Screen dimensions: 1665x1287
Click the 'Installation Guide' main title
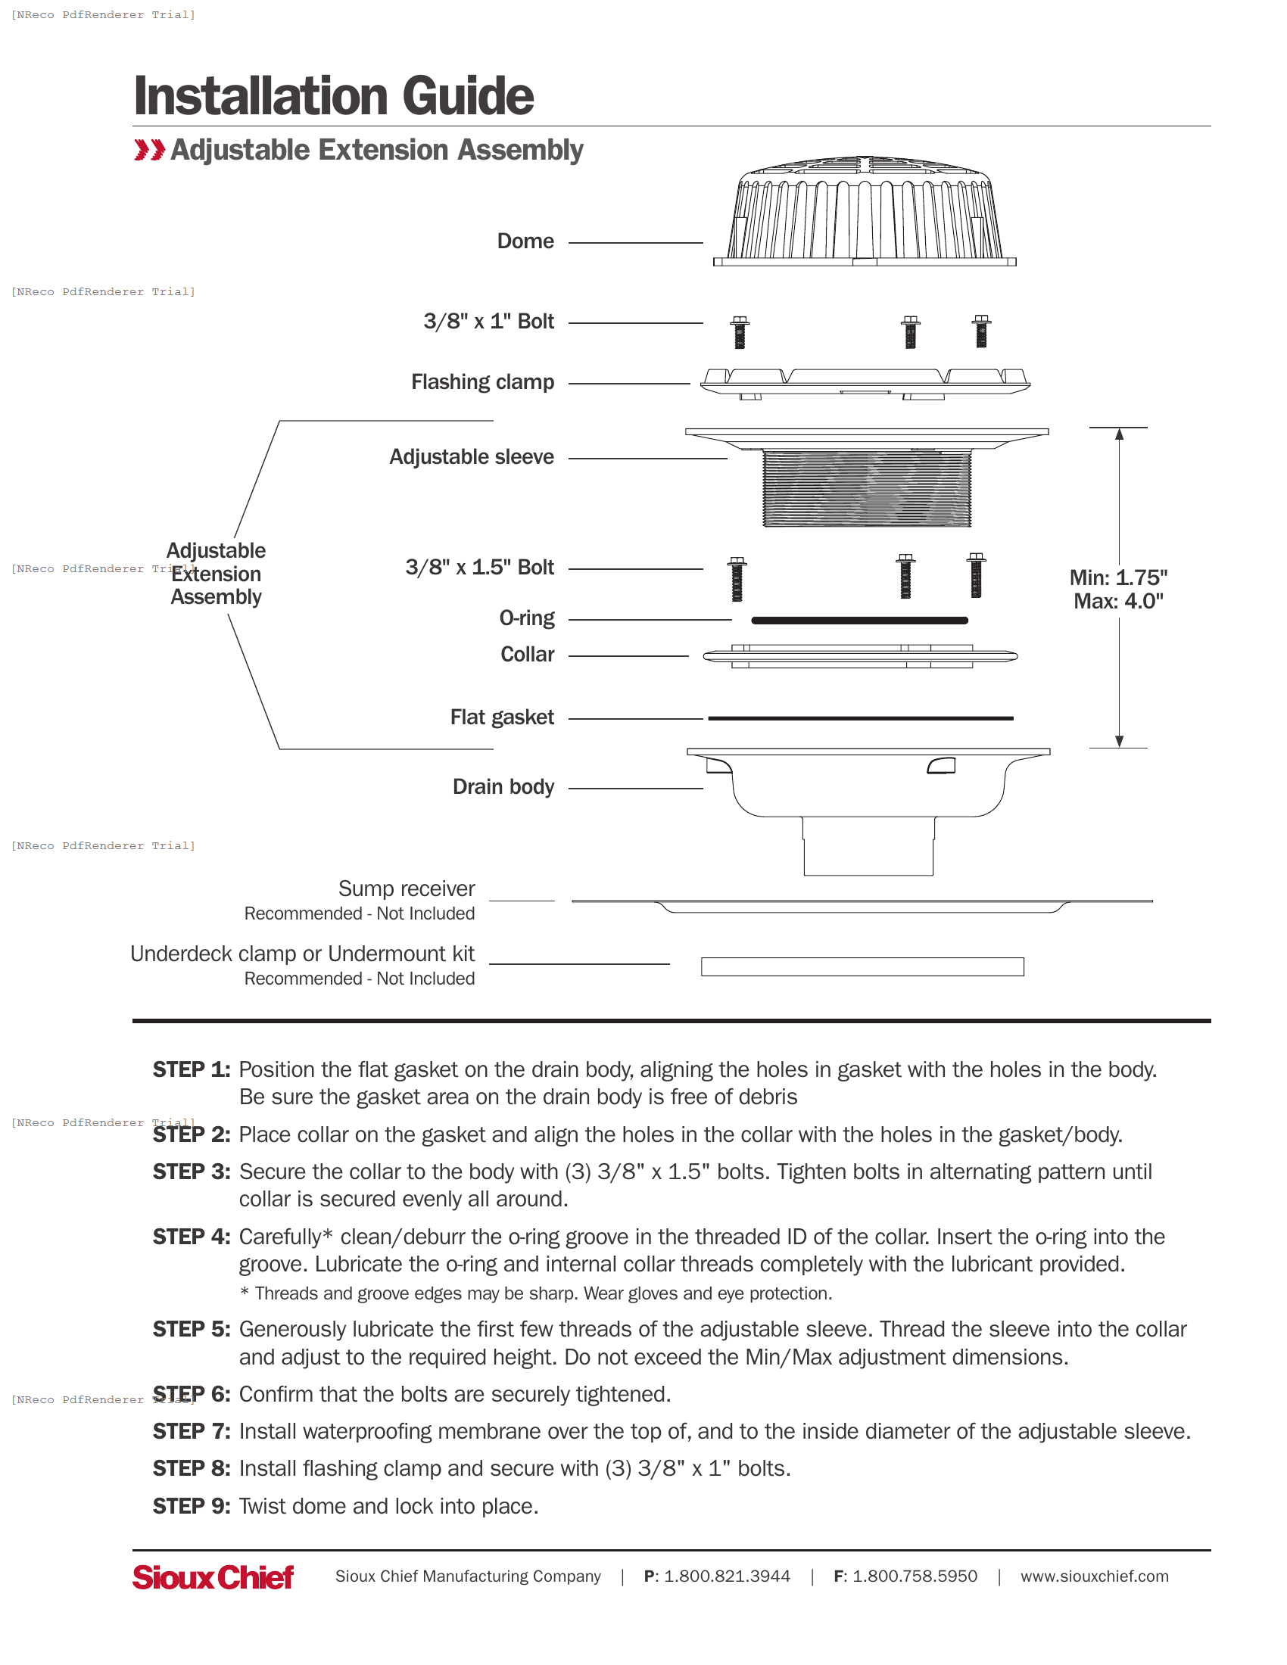coord(333,96)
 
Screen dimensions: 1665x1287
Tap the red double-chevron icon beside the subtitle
coord(148,150)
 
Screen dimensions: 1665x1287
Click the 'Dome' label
coord(525,241)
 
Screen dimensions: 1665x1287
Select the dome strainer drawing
coord(864,213)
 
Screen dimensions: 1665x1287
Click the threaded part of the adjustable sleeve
coord(866,489)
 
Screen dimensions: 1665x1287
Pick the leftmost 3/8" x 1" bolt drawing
coord(739,332)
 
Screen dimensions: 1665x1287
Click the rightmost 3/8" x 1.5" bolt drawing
coord(975,576)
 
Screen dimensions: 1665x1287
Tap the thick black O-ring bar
coord(859,621)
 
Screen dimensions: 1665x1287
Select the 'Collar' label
coord(527,655)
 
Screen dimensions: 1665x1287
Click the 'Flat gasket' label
coord(502,717)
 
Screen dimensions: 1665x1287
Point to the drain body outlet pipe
coord(868,846)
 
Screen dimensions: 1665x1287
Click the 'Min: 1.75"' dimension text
coord(1117,578)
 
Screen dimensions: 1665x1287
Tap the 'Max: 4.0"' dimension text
coord(1117,602)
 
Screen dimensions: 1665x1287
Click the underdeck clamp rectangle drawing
coord(862,966)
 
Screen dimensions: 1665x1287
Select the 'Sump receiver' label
coord(407,889)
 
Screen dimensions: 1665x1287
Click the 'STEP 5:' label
coord(192,1330)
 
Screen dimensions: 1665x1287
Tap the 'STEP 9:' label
coord(192,1506)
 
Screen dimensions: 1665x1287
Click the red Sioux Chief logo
coord(213,1577)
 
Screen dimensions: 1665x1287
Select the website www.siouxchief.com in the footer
coord(1093,1576)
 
